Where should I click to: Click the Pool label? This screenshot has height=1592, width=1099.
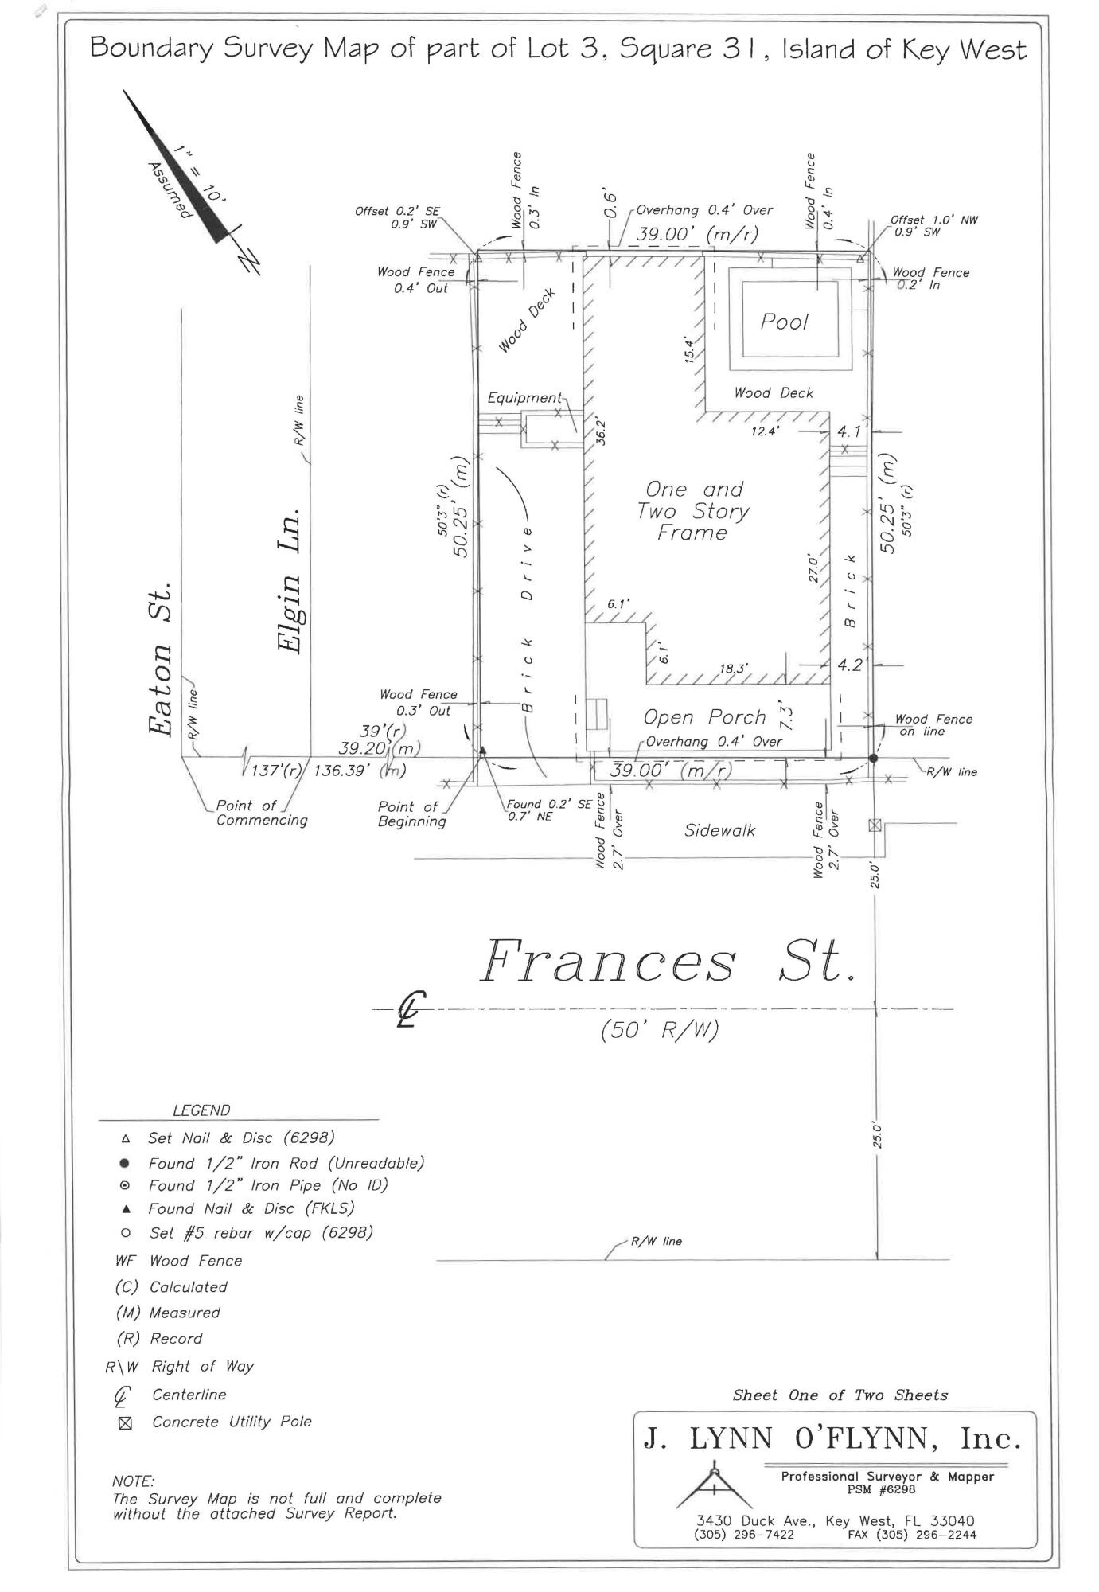point(784,322)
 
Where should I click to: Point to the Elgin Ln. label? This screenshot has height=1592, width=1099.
point(291,580)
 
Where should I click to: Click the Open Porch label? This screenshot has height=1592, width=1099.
point(703,717)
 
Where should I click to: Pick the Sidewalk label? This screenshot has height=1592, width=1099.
point(719,830)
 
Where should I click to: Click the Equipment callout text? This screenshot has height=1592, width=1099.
point(524,397)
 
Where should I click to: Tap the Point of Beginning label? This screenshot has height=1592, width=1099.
point(411,814)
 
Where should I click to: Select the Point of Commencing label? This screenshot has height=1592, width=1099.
point(261,813)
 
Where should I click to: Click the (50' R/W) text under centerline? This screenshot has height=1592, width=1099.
point(660,1030)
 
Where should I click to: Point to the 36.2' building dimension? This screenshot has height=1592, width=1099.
point(602,431)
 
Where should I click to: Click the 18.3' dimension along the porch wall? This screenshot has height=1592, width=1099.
point(733,669)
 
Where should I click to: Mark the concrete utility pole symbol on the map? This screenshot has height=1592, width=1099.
point(875,825)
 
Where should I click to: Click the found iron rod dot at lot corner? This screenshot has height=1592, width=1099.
point(873,758)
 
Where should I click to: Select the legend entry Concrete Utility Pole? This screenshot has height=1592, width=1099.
point(232,1422)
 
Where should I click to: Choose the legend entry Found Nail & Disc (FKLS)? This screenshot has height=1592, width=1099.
point(251,1208)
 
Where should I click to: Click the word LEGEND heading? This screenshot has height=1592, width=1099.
point(201,1110)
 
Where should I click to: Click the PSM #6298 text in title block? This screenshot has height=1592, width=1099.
point(887,1489)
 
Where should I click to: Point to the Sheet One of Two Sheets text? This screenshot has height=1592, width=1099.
point(840,1395)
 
